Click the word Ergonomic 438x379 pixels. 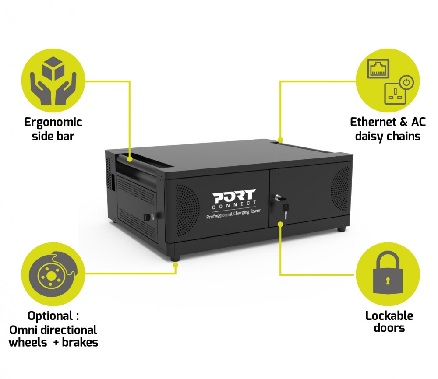point(53,122)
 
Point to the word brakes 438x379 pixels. point(80,342)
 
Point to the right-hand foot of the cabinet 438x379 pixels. point(341,228)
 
